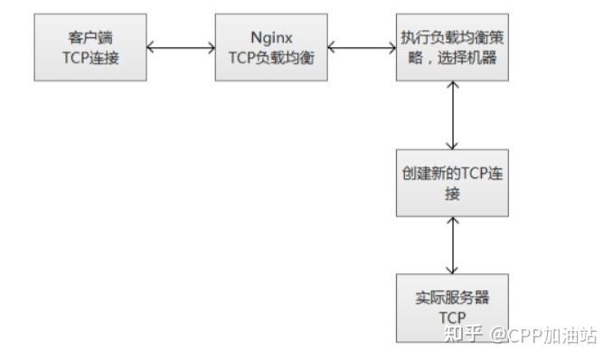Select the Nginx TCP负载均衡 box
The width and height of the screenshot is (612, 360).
pyautogui.click(x=269, y=47)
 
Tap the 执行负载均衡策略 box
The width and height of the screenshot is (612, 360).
pyautogui.click(x=451, y=47)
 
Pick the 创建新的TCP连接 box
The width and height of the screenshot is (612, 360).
pyautogui.click(x=451, y=183)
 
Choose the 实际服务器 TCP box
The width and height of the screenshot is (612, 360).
pyautogui.click(x=451, y=308)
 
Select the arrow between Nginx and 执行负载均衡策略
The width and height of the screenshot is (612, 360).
pyautogui.click(x=360, y=47)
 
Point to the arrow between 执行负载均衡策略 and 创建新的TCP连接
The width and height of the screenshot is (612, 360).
pyautogui.click(x=451, y=115)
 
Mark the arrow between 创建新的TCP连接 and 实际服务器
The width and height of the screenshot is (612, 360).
pyautogui.click(x=451, y=245)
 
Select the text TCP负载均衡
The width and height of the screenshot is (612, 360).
pyautogui.click(x=269, y=56)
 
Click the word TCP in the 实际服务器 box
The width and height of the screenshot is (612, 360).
pyautogui.click(x=451, y=317)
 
